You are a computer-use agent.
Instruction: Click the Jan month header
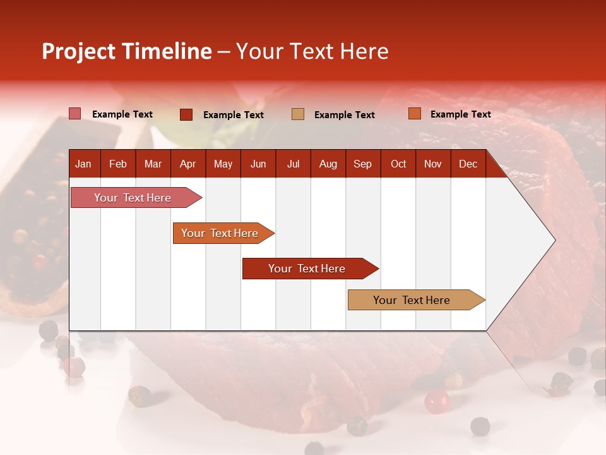83,164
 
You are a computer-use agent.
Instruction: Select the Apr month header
187,164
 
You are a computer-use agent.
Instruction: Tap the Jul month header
293,164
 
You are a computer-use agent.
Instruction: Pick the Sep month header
362,164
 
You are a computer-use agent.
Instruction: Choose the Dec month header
468,164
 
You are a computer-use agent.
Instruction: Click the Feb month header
118,164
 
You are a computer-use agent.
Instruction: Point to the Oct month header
398,164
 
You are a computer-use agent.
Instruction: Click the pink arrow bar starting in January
133,198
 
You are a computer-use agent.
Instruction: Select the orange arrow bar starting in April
220,233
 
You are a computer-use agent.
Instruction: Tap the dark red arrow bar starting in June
307,269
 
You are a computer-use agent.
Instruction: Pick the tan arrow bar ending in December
412,300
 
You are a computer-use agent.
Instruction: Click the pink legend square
74,114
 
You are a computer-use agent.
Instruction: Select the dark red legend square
186,114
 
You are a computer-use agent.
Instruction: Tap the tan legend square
298,114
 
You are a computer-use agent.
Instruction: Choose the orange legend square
414,114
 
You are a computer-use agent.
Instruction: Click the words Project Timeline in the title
126,51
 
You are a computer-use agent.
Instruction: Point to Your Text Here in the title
312,51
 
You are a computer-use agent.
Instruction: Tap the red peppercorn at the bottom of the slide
436,401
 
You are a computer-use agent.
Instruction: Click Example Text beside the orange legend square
460,114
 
